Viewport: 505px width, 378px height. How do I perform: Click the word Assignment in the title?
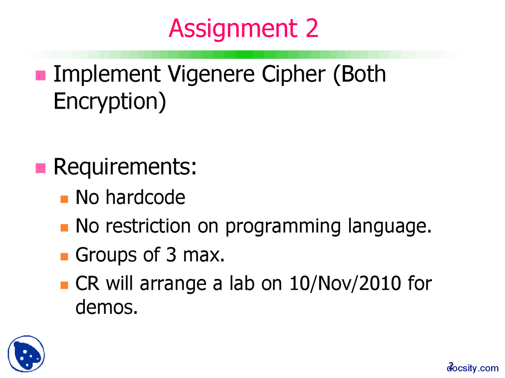pos(233,28)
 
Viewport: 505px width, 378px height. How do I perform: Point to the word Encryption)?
pos(110,102)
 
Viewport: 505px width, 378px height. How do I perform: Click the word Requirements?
pos(125,167)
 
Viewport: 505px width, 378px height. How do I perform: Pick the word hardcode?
pos(145,197)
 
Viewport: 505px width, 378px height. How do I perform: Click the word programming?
pos(282,226)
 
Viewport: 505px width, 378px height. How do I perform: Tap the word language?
pos(389,226)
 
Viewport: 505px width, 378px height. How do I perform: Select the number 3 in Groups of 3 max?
pos(171,255)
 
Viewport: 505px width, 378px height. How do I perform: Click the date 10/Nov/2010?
pos(345,283)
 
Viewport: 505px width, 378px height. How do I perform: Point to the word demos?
pos(107,307)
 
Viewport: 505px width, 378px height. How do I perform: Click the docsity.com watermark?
pos(473,368)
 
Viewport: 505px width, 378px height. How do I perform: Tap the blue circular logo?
pos(26,354)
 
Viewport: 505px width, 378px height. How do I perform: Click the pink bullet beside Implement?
pos(41,75)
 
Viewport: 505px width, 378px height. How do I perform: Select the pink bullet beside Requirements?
pos(41,168)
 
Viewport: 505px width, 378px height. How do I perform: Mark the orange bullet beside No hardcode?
pos(64,199)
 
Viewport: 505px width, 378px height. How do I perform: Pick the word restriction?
pos(148,226)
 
